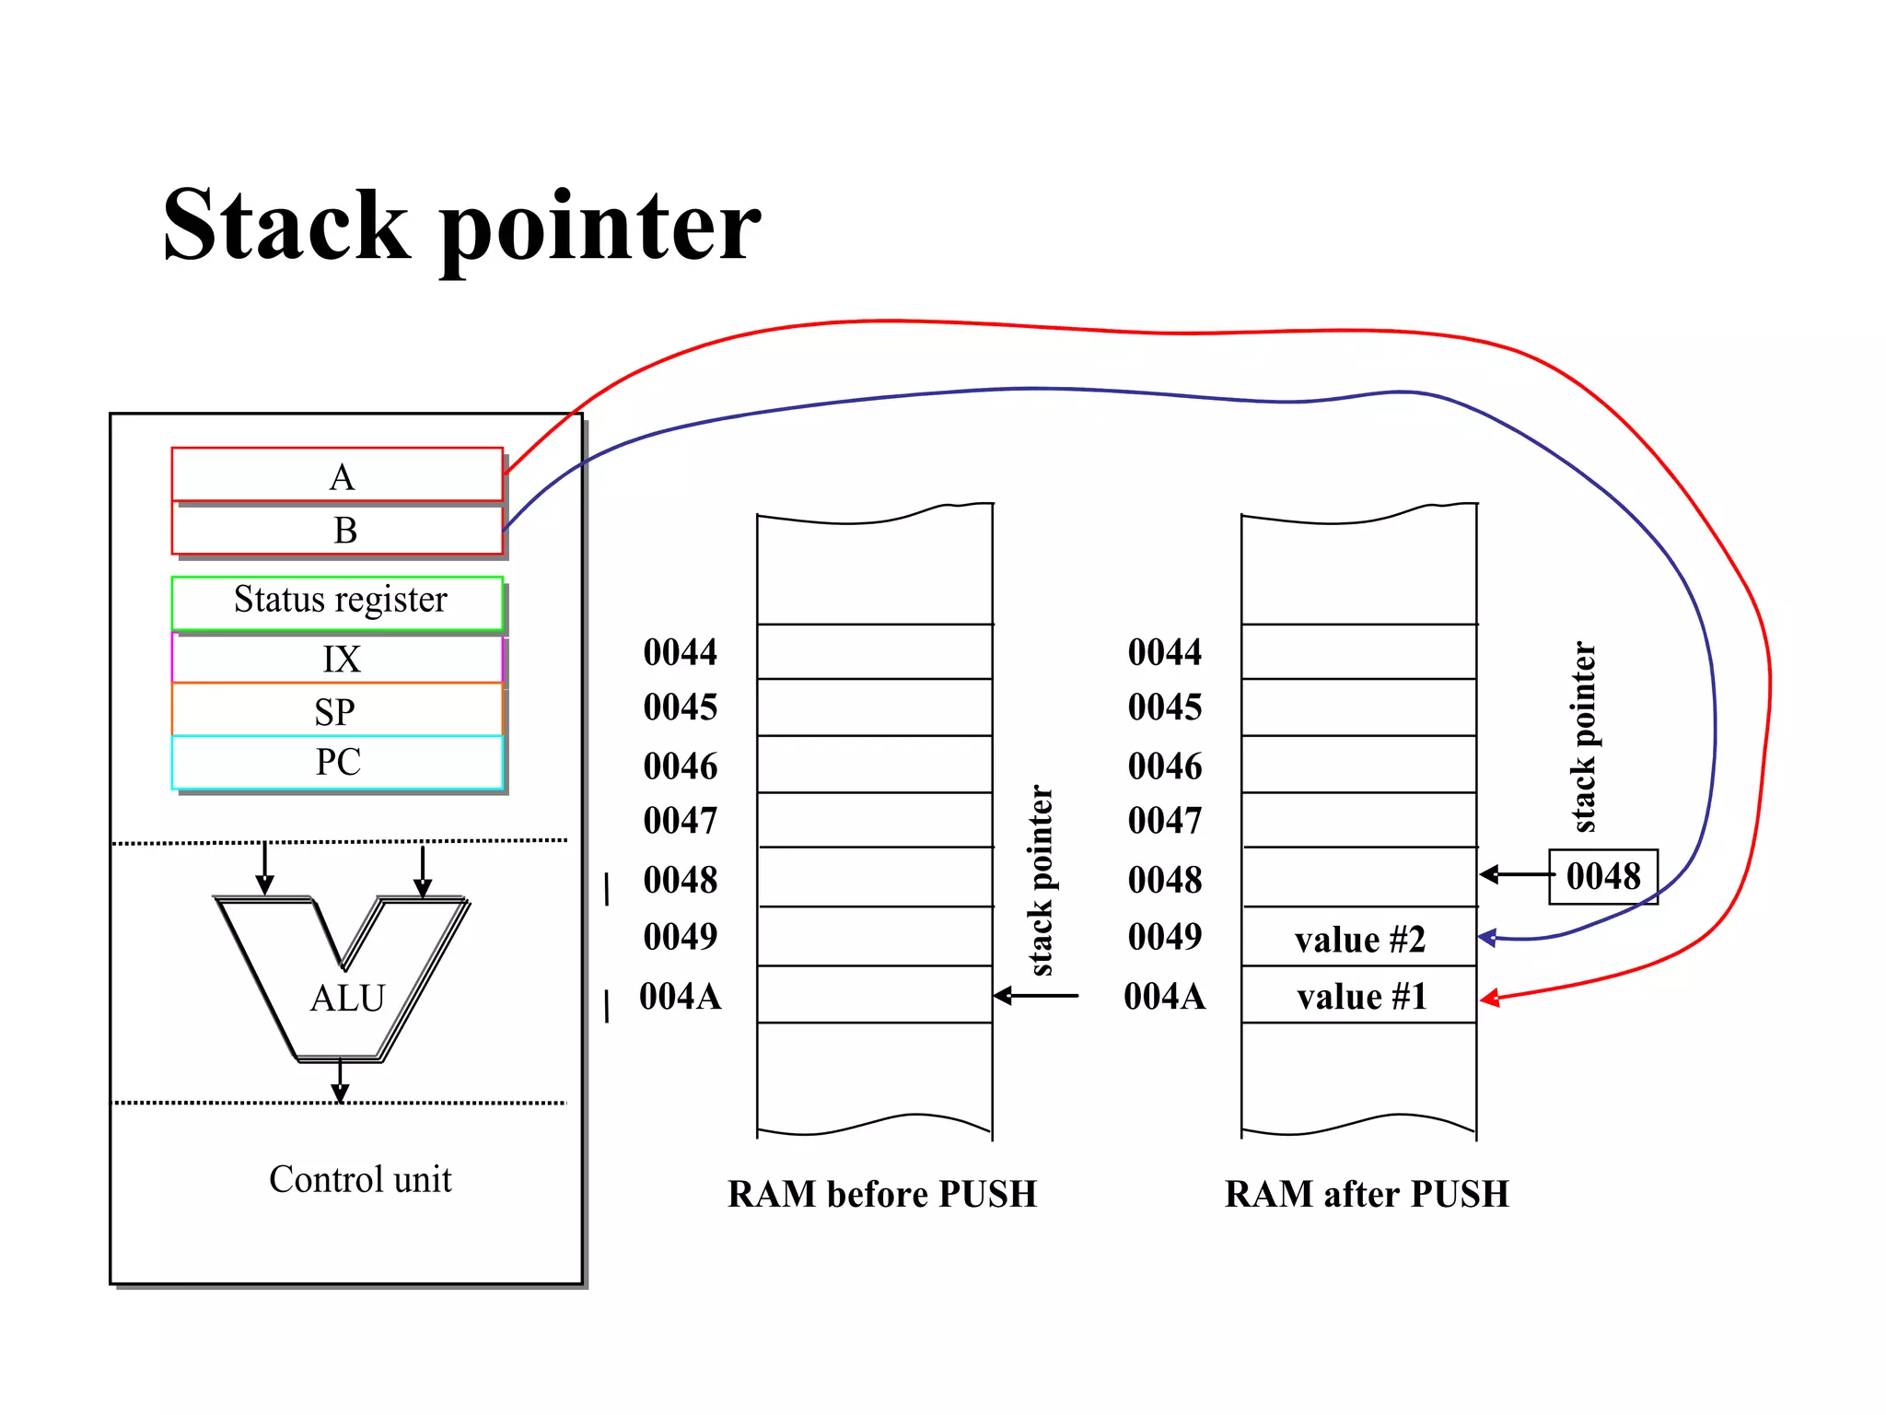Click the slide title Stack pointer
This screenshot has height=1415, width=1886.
tap(460, 226)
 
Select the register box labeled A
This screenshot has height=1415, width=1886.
tap(337, 475)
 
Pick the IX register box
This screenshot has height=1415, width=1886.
tap(337, 659)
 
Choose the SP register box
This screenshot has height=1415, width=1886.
tap(337, 710)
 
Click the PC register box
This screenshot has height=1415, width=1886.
tap(337, 762)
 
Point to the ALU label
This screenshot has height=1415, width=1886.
tap(347, 999)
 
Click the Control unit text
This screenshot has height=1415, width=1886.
tap(360, 1180)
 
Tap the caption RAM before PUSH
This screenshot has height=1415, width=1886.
tap(881, 1194)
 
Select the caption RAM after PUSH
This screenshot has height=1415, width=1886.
tap(1367, 1194)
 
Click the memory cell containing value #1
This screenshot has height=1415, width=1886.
tap(1359, 996)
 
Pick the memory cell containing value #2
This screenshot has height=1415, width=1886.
tap(1359, 939)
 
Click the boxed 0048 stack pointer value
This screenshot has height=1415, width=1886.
tap(1603, 876)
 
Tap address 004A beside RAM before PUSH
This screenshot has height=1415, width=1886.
tap(680, 997)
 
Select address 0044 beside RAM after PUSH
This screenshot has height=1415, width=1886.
tap(1164, 652)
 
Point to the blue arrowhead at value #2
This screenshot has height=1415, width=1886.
tap(1486, 938)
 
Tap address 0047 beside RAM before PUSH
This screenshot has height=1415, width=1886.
tap(680, 821)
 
